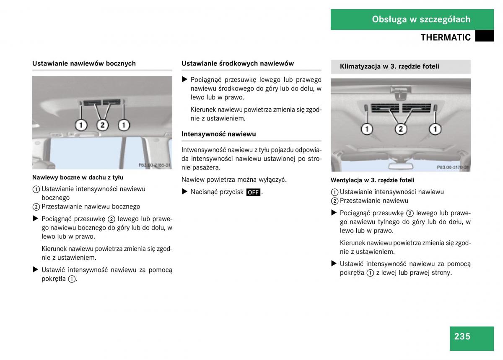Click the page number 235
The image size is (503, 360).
[x=462, y=336]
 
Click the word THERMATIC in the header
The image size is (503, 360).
[x=446, y=37]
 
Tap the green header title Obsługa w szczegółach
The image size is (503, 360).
[x=421, y=19]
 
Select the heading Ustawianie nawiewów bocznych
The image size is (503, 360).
[x=84, y=63]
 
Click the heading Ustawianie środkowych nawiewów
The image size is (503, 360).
[x=238, y=63]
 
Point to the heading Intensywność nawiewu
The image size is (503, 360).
[x=218, y=134]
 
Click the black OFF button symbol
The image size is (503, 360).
[x=253, y=192]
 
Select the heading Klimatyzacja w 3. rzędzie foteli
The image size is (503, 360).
[x=389, y=66]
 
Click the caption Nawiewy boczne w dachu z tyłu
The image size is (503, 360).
[x=78, y=177]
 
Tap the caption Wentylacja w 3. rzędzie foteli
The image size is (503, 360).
[x=372, y=180]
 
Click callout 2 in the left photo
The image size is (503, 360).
[x=102, y=125]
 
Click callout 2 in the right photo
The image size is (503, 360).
[x=401, y=129]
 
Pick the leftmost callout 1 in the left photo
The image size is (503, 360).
[x=81, y=125]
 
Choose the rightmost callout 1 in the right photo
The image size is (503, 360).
[x=435, y=129]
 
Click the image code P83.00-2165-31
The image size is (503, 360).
[x=154, y=165]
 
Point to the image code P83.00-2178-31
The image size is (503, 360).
[x=453, y=167]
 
